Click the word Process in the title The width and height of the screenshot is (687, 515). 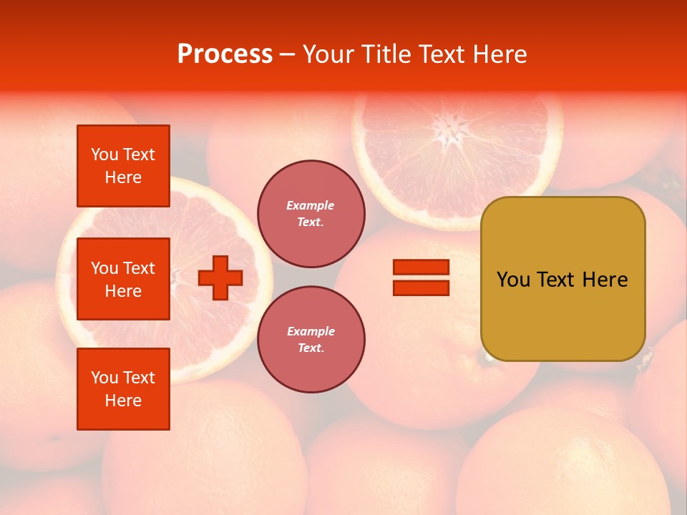point(225,54)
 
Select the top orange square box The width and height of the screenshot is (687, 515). point(123,166)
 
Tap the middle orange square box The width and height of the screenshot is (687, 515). point(123,279)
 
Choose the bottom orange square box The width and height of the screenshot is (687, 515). point(123,389)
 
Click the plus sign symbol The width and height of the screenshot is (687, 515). point(220,278)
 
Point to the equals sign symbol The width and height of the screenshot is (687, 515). point(421,278)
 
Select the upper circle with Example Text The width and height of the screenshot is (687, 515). point(311,213)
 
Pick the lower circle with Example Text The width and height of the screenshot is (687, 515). point(311,339)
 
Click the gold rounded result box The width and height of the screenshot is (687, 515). point(562,279)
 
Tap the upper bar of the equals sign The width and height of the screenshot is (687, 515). point(421,268)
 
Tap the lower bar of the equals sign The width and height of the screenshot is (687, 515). point(421,288)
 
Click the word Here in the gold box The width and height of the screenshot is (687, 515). point(605,280)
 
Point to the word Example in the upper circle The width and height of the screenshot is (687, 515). point(311,205)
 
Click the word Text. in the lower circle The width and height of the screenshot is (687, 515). point(311,348)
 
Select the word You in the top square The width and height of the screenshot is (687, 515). point(104,154)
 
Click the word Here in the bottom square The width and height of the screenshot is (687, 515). point(123,401)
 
